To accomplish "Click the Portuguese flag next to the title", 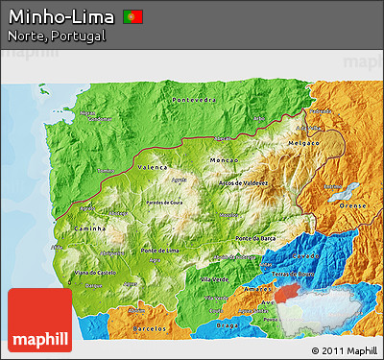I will pyautogui.click(x=133, y=16).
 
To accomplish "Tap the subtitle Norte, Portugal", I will pyautogui.click(x=56, y=36).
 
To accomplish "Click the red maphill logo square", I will pyautogui.click(x=39, y=320).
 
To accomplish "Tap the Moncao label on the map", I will pyautogui.click(x=223, y=158).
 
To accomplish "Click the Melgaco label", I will pyautogui.click(x=303, y=141).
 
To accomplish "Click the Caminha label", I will pyautogui.click(x=87, y=231).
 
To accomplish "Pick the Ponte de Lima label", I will pyautogui.click(x=159, y=251).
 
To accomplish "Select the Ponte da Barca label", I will pyautogui.click(x=257, y=237).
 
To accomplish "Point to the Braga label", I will pyautogui.click(x=227, y=325).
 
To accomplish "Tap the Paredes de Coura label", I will pyautogui.click(x=164, y=203).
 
